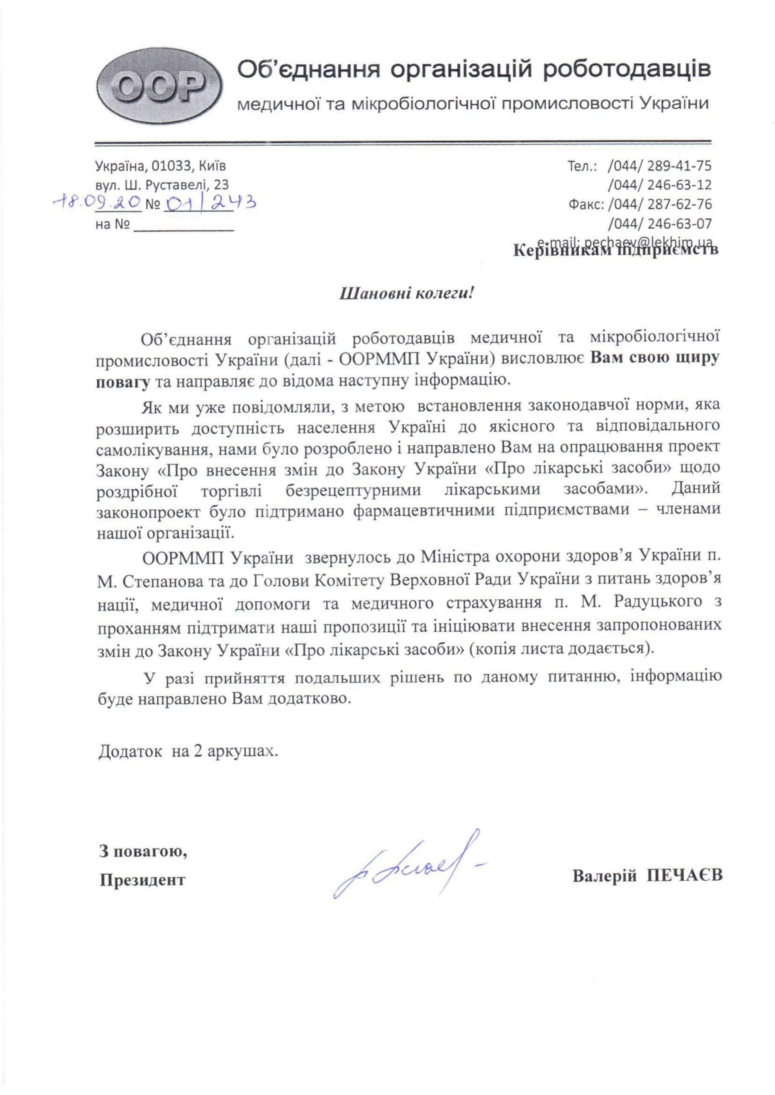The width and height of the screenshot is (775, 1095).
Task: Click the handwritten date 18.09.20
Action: pyautogui.click(x=98, y=203)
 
